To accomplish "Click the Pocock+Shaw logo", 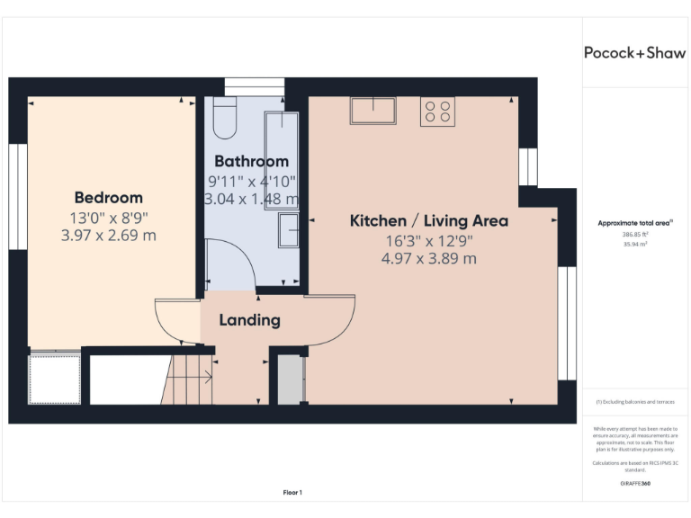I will (x=634, y=52).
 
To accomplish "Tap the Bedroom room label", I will (x=108, y=198).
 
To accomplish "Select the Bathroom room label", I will (x=251, y=162).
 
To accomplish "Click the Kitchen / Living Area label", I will (x=428, y=221).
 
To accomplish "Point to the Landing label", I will (x=249, y=320).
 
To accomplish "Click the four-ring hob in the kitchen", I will (x=437, y=112).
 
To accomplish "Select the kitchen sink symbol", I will (x=373, y=111).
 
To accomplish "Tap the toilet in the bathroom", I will (x=225, y=119).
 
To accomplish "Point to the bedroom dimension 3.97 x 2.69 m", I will (x=108, y=236).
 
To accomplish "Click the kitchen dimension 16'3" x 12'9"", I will (x=428, y=240).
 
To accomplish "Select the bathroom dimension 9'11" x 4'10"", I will (x=251, y=181).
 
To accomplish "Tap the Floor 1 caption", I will (x=292, y=492).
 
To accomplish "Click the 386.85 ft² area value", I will (x=634, y=235).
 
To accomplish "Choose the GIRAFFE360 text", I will (x=634, y=484).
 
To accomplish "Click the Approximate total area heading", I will (x=634, y=222).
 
